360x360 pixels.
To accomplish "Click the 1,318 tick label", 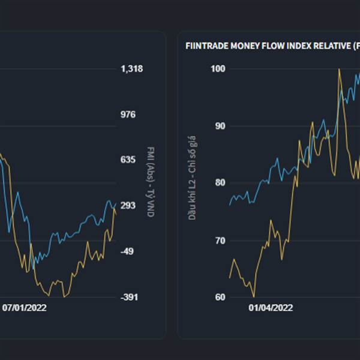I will click(131, 69).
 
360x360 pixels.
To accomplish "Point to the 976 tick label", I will click(129, 115).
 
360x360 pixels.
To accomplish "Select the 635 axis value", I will click(129, 160).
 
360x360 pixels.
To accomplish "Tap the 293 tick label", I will click(129, 206).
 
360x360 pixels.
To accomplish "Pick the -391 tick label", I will click(130, 297).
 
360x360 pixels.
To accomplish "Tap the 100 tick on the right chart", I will click(218, 69).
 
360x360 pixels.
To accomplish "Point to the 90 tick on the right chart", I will click(220, 126).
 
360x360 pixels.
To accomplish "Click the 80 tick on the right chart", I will click(220, 183).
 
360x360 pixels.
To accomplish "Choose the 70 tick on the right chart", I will click(220, 241).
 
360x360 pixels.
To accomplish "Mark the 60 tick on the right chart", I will click(220, 298).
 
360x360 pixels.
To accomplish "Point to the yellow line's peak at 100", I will click(339, 69).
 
